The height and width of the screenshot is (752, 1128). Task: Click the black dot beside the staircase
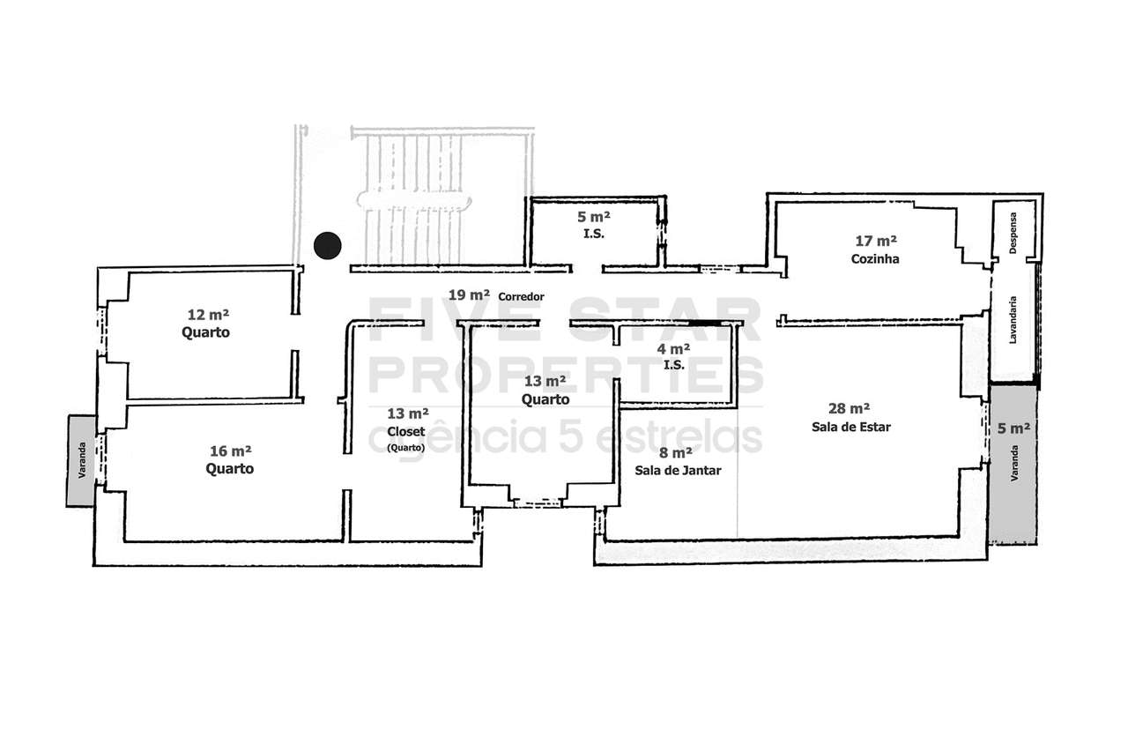(x=327, y=245)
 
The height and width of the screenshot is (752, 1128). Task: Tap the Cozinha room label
(x=875, y=259)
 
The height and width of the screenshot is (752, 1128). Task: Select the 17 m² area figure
(x=876, y=241)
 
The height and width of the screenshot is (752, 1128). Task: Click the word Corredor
(x=521, y=297)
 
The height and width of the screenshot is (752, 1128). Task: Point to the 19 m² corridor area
(x=469, y=294)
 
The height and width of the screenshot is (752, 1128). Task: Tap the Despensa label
(x=1013, y=233)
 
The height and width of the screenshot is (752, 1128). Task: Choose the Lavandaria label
(x=1013, y=320)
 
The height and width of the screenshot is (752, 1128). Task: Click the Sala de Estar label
(x=851, y=427)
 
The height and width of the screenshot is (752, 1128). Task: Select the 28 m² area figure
(x=849, y=408)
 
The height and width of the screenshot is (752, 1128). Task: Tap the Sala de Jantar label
(x=678, y=471)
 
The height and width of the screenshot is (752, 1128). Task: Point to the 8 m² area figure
(x=675, y=453)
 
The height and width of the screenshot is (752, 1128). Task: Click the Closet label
(x=406, y=432)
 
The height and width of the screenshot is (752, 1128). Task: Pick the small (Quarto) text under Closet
(x=406, y=447)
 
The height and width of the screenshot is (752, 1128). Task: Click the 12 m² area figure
(x=208, y=315)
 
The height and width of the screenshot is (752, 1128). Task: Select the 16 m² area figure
(x=231, y=450)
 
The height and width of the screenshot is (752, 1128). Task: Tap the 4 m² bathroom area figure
(x=673, y=348)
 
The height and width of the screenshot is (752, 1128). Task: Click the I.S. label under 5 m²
(x=594, y=234)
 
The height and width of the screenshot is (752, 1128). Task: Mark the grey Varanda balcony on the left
(x=81, y=460)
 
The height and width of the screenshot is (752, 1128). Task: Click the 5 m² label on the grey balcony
(x=1013, y=428)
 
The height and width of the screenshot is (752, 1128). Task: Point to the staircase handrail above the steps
(x=414, y=200)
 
